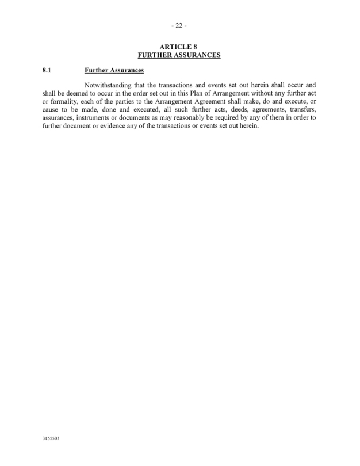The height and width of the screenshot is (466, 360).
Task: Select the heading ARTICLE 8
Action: (x=179, y=47)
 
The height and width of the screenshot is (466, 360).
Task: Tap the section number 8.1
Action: (x=48, y=71)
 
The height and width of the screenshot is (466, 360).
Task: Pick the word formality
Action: (x=64, y=102)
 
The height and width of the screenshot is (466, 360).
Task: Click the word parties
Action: (x=129, y=102)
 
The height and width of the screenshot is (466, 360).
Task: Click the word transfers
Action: (x=302, y=110)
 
